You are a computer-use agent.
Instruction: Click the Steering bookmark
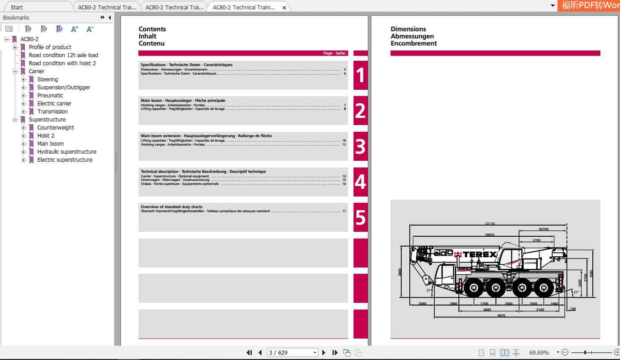(47, 80)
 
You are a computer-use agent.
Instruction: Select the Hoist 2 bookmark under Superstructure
(46, 136)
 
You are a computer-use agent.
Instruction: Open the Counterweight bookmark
(56, 128)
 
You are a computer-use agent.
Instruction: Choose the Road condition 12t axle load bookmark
(63, 55)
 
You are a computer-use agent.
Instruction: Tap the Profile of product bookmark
(50, 47)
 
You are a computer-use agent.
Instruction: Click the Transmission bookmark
(53, 112)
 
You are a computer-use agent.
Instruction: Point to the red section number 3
(360, 147)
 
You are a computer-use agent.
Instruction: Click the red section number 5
(360, 218)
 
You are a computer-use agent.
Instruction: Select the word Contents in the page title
(152, 29)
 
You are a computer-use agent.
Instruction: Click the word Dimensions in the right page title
(408, 29)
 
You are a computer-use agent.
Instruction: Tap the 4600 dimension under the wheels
(487, 310)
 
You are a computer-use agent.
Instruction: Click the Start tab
(17, 7)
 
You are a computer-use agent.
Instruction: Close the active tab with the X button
(284, 8)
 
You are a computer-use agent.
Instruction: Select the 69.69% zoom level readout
(539, 353)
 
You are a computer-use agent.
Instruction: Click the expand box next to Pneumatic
(24, 96)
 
